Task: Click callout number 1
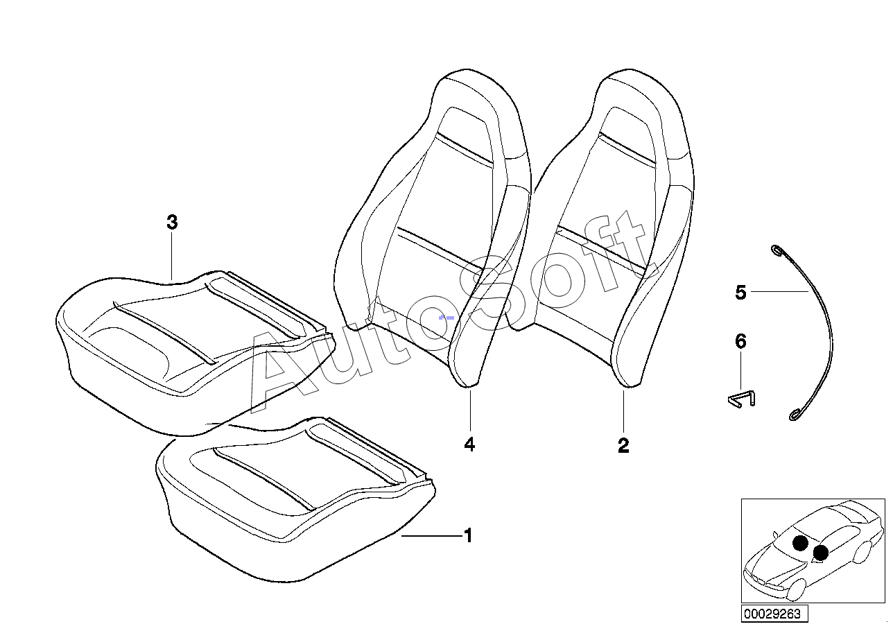[469, 535]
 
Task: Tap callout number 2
[623, 446]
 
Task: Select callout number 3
[172, 223]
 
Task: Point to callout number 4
[469, 444]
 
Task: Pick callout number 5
[740, 293]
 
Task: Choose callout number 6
[740, 341]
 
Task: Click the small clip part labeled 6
[740, 398]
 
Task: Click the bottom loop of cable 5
[795, 416]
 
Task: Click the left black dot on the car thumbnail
[800, 543]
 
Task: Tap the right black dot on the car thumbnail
[821, 552]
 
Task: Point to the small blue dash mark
[446, 317]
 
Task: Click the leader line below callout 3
[172, 257]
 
